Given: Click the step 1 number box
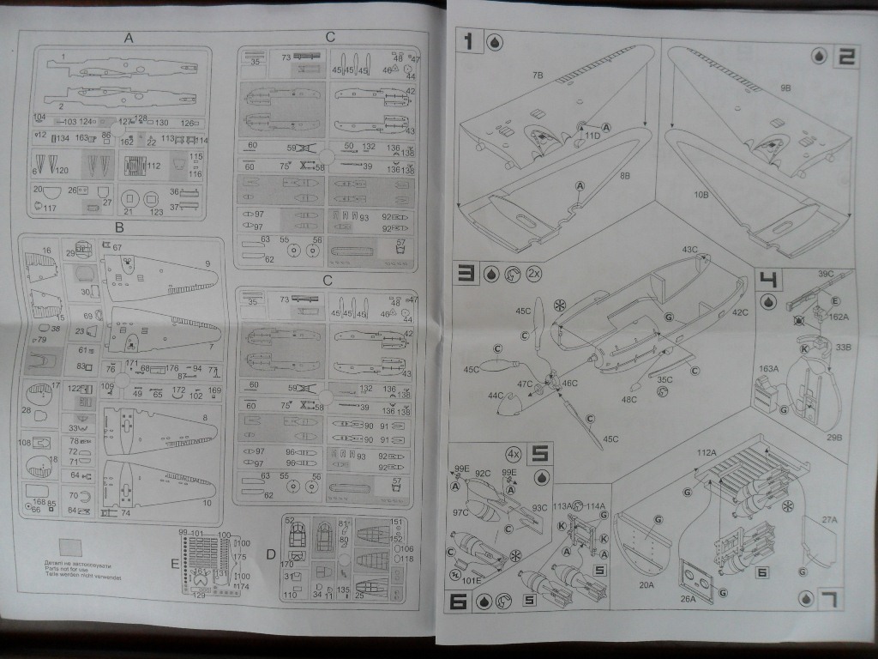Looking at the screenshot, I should click(x=469, y=40).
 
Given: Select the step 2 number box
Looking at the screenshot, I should click(x=845, y=57).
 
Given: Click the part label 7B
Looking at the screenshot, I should click(x=538, y=76).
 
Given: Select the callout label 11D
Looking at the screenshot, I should click(x=592, y=136).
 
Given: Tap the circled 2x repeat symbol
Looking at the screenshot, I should click(x=533, y=274).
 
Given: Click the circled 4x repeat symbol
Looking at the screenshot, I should click(x=514, y=452).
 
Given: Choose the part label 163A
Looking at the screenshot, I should click(x=768, y=369).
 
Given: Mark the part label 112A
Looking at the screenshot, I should click(x=706, y=452).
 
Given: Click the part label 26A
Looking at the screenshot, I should click(x=689, y=599).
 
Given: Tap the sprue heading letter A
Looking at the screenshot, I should click(x=129, y=38).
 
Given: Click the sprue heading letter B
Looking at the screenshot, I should click(x=119, y=227).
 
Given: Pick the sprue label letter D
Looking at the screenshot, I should click(x=270, y=554).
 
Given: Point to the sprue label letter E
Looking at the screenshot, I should click(x=175, y=564).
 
